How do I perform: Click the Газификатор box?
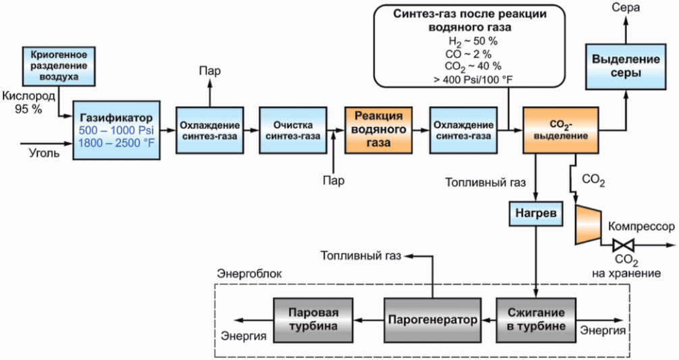tap(117, 130)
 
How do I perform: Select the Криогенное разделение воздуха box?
tap(59, 66)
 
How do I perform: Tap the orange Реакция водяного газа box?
tap(379, 130)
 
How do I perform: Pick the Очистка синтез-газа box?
tap(293, 130)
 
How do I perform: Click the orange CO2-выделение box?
tap(561, 130)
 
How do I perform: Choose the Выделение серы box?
tap(626, 66)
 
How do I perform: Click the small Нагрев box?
tap(536, 213)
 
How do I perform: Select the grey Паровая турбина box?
tap(313, 319)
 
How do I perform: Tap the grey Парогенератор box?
tap(432, 319)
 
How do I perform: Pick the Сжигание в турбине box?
tap(536, 319)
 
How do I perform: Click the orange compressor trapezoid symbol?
tap(588, 224)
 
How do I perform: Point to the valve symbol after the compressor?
tap(624, 246)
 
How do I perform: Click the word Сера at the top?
tap(625, 7)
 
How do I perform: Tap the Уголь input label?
tap(45, 153)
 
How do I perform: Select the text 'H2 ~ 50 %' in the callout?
tap(473, 42)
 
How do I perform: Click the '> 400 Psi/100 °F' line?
tap(473, 79)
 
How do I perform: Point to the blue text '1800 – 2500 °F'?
tap(117, 143)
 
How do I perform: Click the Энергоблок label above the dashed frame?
tap(249, 274)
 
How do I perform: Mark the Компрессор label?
tap(641, 226)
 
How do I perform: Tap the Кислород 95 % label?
tap(28, 102)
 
